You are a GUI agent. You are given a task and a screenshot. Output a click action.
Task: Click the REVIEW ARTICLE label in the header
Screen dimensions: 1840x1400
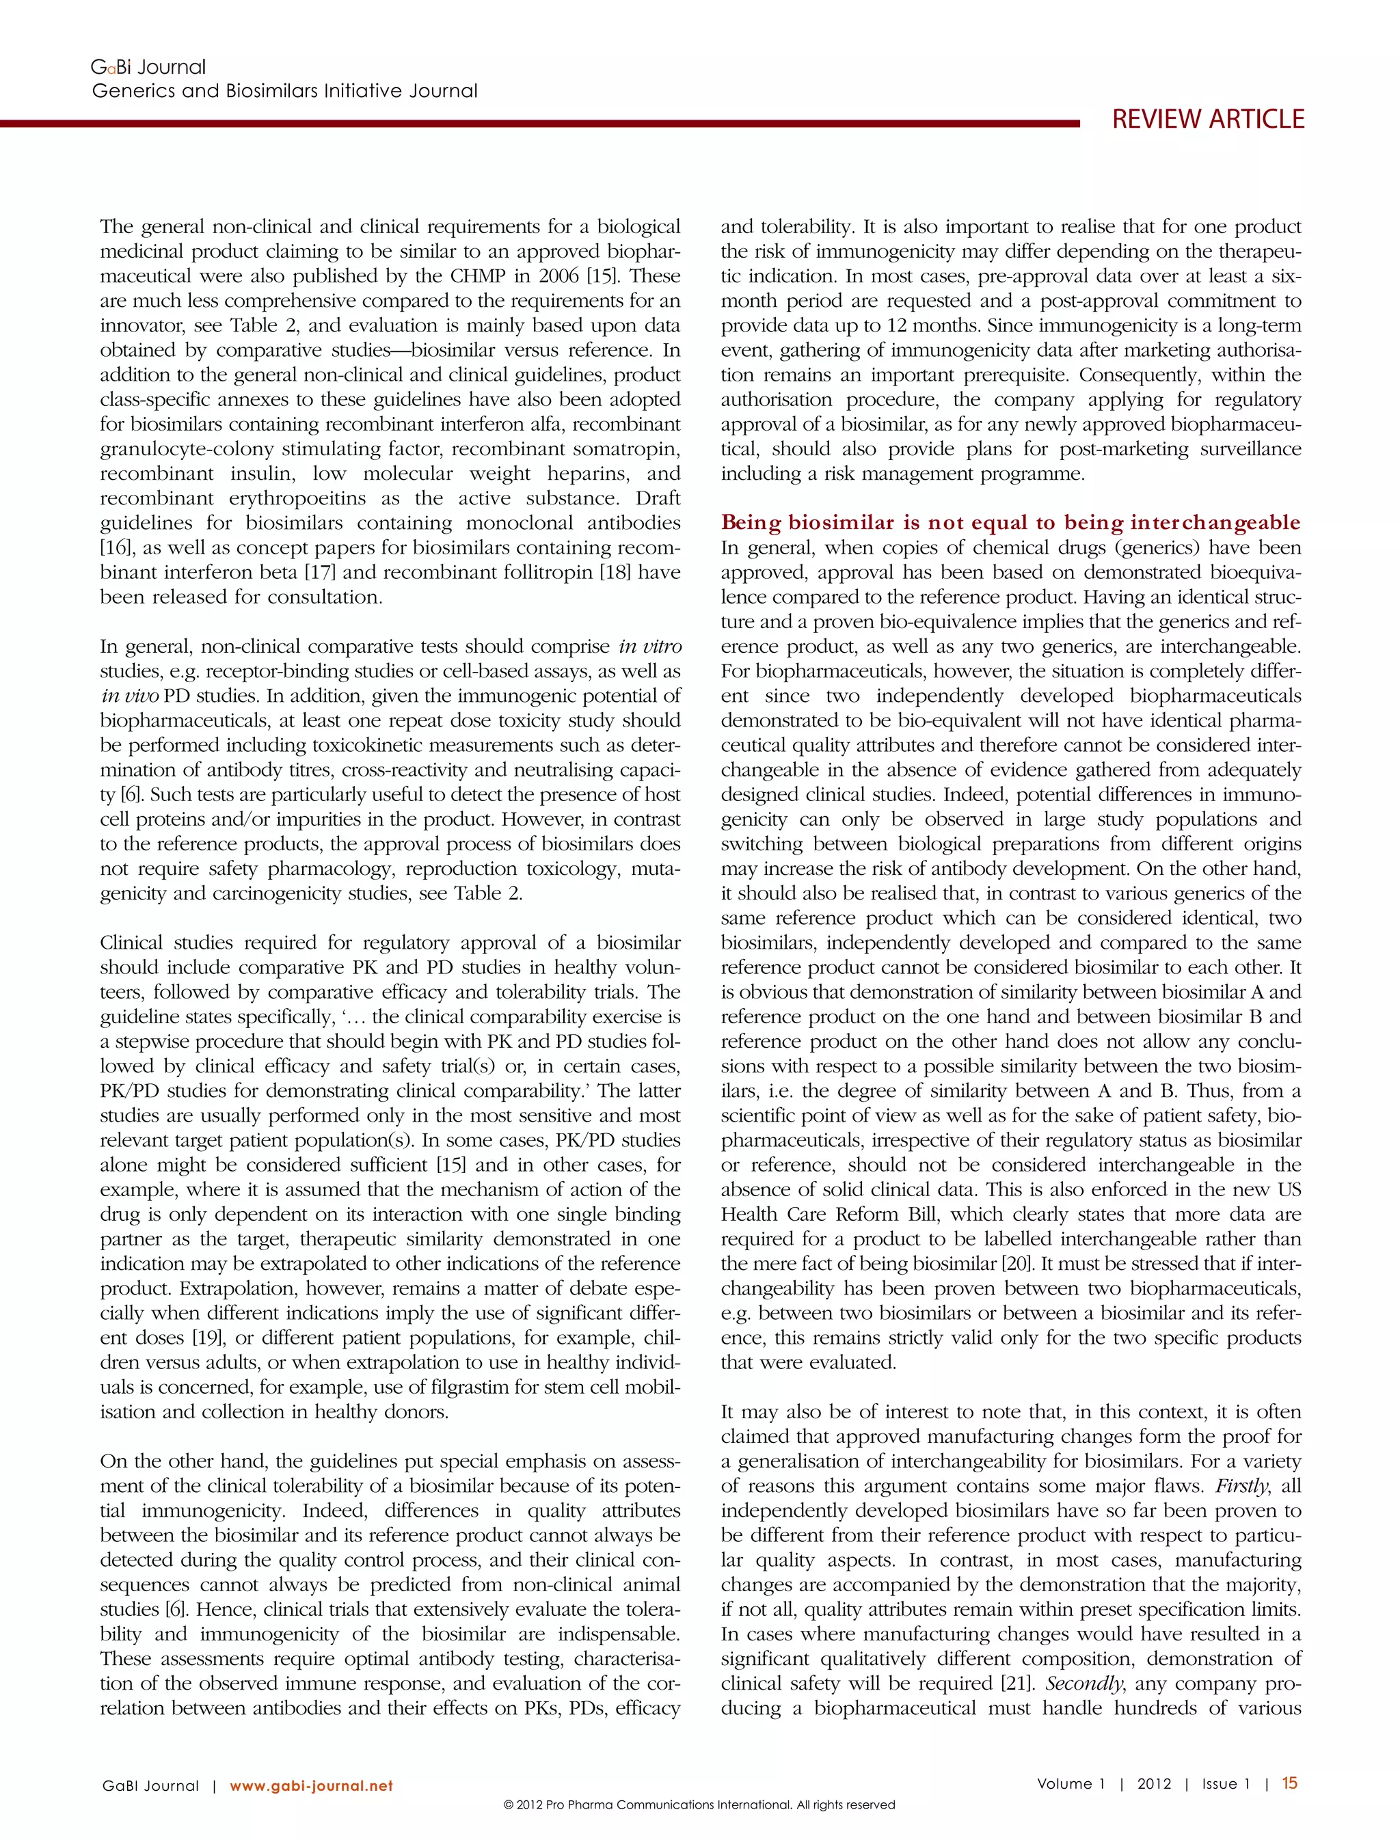point(1207,119)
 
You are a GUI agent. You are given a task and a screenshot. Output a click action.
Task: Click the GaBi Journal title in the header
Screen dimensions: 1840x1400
point(148,67)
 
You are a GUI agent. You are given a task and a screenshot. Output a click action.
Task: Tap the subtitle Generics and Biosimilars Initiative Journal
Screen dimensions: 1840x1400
point(284,91)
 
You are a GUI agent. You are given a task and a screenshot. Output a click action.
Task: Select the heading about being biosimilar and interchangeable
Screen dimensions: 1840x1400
point(1010,522)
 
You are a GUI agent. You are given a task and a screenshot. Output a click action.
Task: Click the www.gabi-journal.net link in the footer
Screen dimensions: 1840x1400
point(311,1786)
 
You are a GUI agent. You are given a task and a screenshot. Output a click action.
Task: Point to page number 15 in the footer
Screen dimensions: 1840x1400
point(1289,1783)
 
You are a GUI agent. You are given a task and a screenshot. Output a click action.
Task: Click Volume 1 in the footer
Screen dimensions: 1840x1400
point(1070,1784)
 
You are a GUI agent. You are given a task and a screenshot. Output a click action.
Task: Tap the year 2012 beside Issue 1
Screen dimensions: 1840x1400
point(1154,1784)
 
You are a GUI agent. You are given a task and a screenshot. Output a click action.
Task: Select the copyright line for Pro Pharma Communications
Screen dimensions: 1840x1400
point(699,1805)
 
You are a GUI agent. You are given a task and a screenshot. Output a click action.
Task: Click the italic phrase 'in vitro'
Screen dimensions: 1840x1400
point(650,647)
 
